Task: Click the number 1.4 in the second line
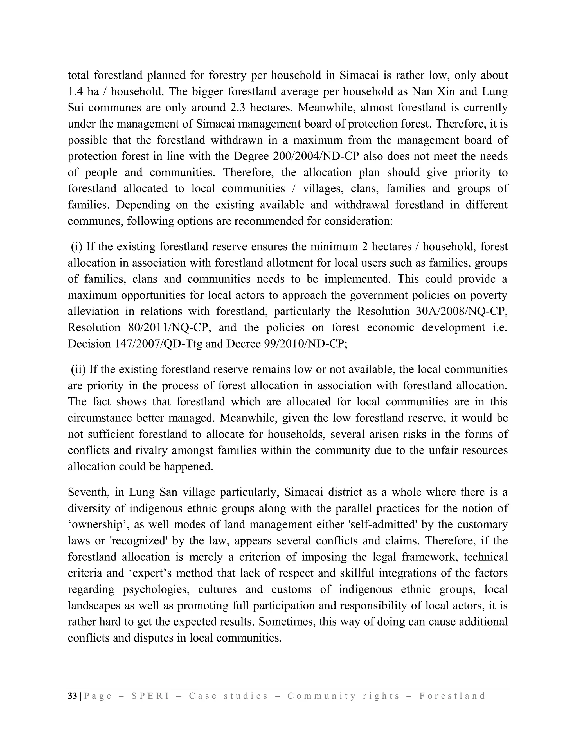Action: [x=75, y=91]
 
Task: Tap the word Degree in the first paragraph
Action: [x=251, y=157]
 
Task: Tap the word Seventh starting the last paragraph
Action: [x=88, y=492]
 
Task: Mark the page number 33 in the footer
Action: [x=72, y=696]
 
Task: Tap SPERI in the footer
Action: [x=150, y=696]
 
